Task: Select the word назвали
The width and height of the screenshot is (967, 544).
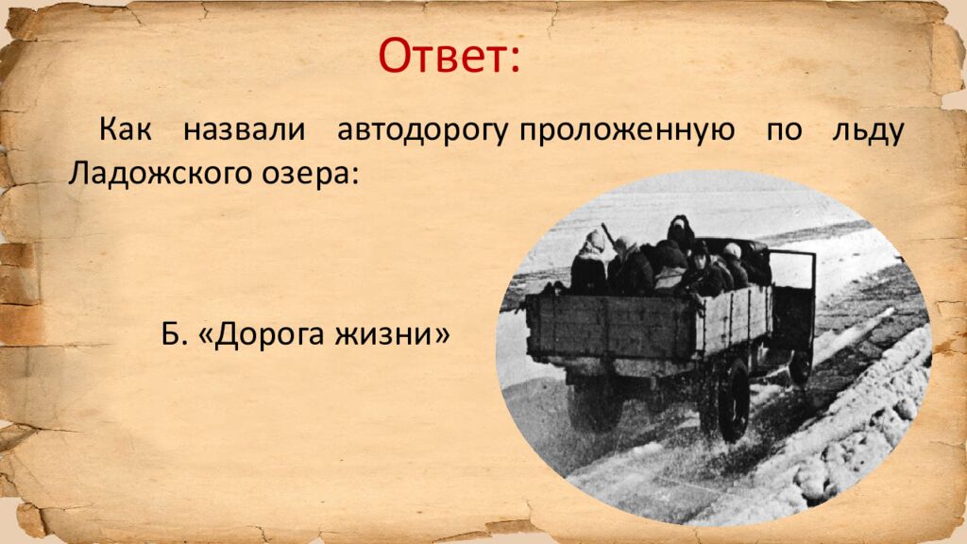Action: (x=245, y=131)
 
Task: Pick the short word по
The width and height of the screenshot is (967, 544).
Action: (x=780, y=131)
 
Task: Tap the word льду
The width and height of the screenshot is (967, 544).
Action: (x=867, y=131)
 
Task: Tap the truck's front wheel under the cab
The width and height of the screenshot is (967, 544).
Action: (x=800, y=364)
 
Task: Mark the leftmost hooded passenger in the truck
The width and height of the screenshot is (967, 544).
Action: (x=591, y=262)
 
